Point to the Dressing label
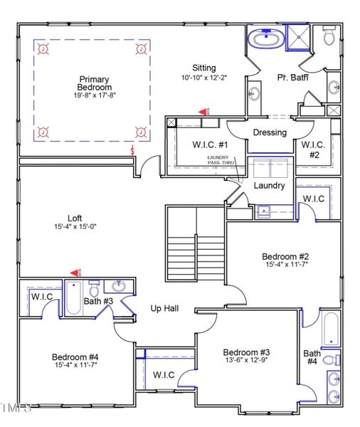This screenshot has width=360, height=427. [270, 132]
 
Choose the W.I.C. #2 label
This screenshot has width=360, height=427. [314, 149]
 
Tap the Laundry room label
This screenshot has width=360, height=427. [270, 186]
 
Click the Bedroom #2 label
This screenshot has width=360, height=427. [285, 256]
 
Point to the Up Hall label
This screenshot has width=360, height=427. [164, 309]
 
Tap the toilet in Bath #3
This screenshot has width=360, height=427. [95, 290]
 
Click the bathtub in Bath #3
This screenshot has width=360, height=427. [75, 300]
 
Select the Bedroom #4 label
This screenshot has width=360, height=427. [74, 357]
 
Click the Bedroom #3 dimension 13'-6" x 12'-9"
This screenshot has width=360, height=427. [245, 362]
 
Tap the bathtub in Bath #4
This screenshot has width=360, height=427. [331, 329]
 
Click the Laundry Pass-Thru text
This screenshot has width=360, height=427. [221, 160]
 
